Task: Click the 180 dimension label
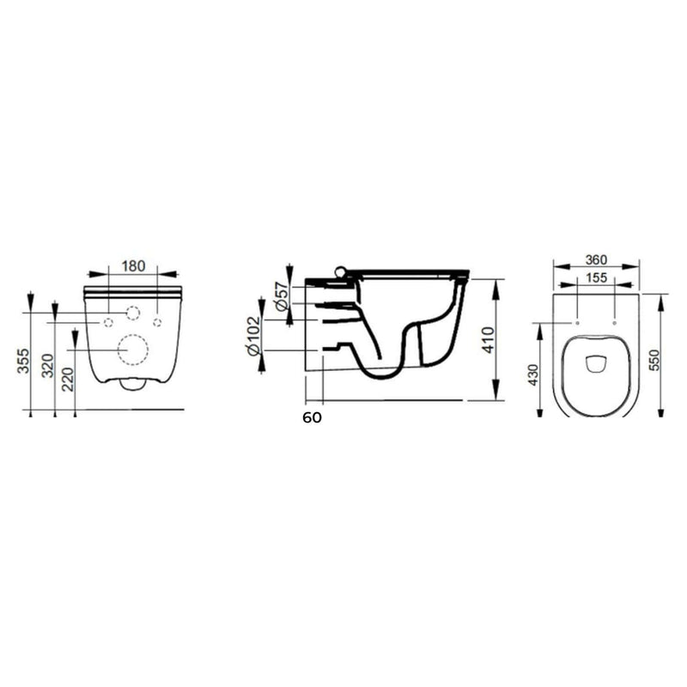133,266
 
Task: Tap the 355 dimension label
24,361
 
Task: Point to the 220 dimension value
69,380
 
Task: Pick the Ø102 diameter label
254,336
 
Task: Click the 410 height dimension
488,339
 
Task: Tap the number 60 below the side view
312,418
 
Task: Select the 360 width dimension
596,260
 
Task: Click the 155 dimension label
596,277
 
